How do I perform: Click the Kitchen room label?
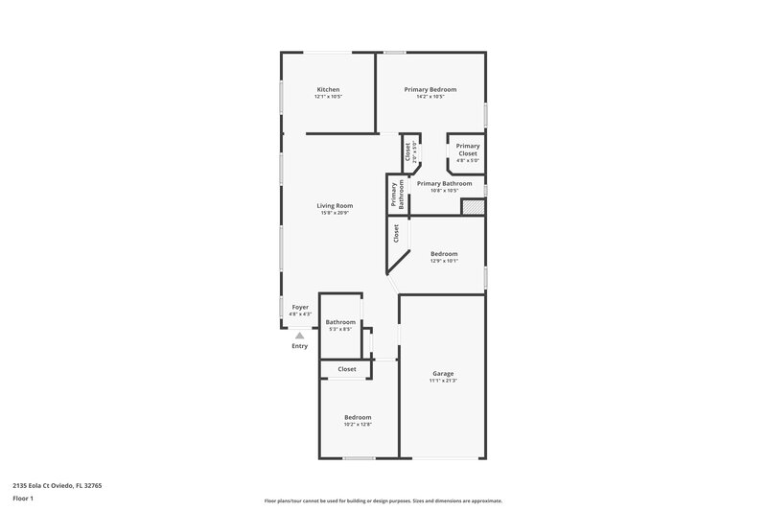(x=328, y=89)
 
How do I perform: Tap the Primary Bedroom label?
(x=430, y=89)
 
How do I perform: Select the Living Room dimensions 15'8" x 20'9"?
(x=336, y=213)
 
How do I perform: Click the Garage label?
(x=442, y=373)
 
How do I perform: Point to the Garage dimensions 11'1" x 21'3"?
(x=442, y=381)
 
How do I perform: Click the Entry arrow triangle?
(x=300, y=336)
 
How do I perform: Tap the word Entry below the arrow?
(x=300, y=346)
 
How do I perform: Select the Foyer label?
(x=300, y=307)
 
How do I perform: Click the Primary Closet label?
(x=468, y=150)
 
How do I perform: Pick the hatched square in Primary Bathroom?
(x=474, y=206)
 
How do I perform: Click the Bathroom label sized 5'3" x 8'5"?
(x=340, y=322)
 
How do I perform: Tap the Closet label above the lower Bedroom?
(x=346, y=368)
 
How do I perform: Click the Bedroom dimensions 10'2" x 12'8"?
(x=358, y=424)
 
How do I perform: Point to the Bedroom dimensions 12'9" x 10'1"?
(x=444, y=261)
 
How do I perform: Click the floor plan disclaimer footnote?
(x=383, y=500)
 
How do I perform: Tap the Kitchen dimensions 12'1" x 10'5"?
(x=328, y=97)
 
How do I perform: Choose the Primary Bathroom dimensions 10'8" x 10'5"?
(x=444, y=190)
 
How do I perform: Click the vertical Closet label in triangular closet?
(x=395, y=232)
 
